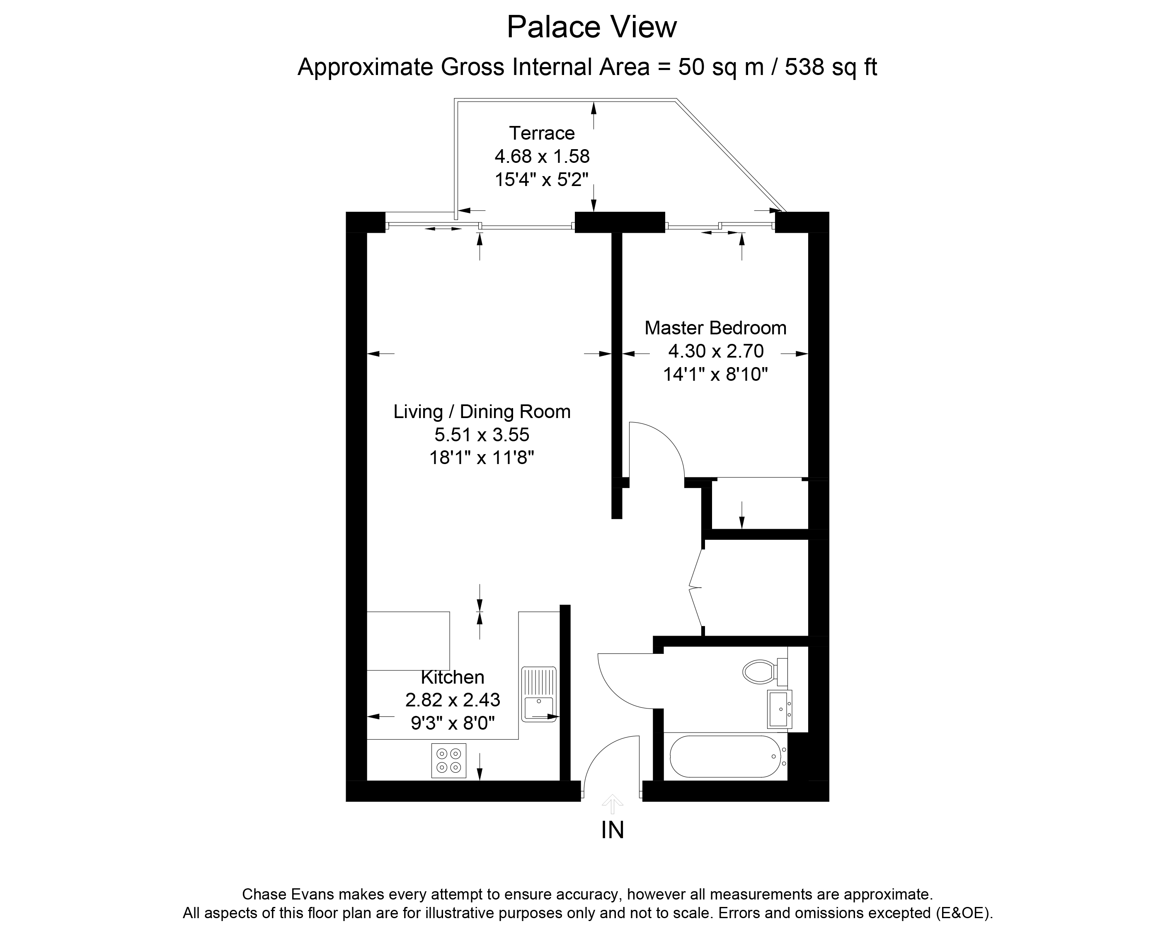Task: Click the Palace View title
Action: (x=591, y=27)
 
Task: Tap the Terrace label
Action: (x=542, y=133)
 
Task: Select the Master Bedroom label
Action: (x=716, y=328)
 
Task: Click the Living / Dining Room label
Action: (x=482, y=411)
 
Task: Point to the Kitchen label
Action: (x=452, y=677)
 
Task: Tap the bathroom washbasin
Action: (x=779, y=709)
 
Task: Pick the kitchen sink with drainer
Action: (x=538, y=694)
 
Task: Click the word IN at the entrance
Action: (x=613, y=830)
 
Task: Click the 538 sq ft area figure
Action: (x=831, y=67)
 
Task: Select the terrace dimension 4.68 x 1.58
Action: (x=542, y=156)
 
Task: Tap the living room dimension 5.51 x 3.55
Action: (x=482, y=435)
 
